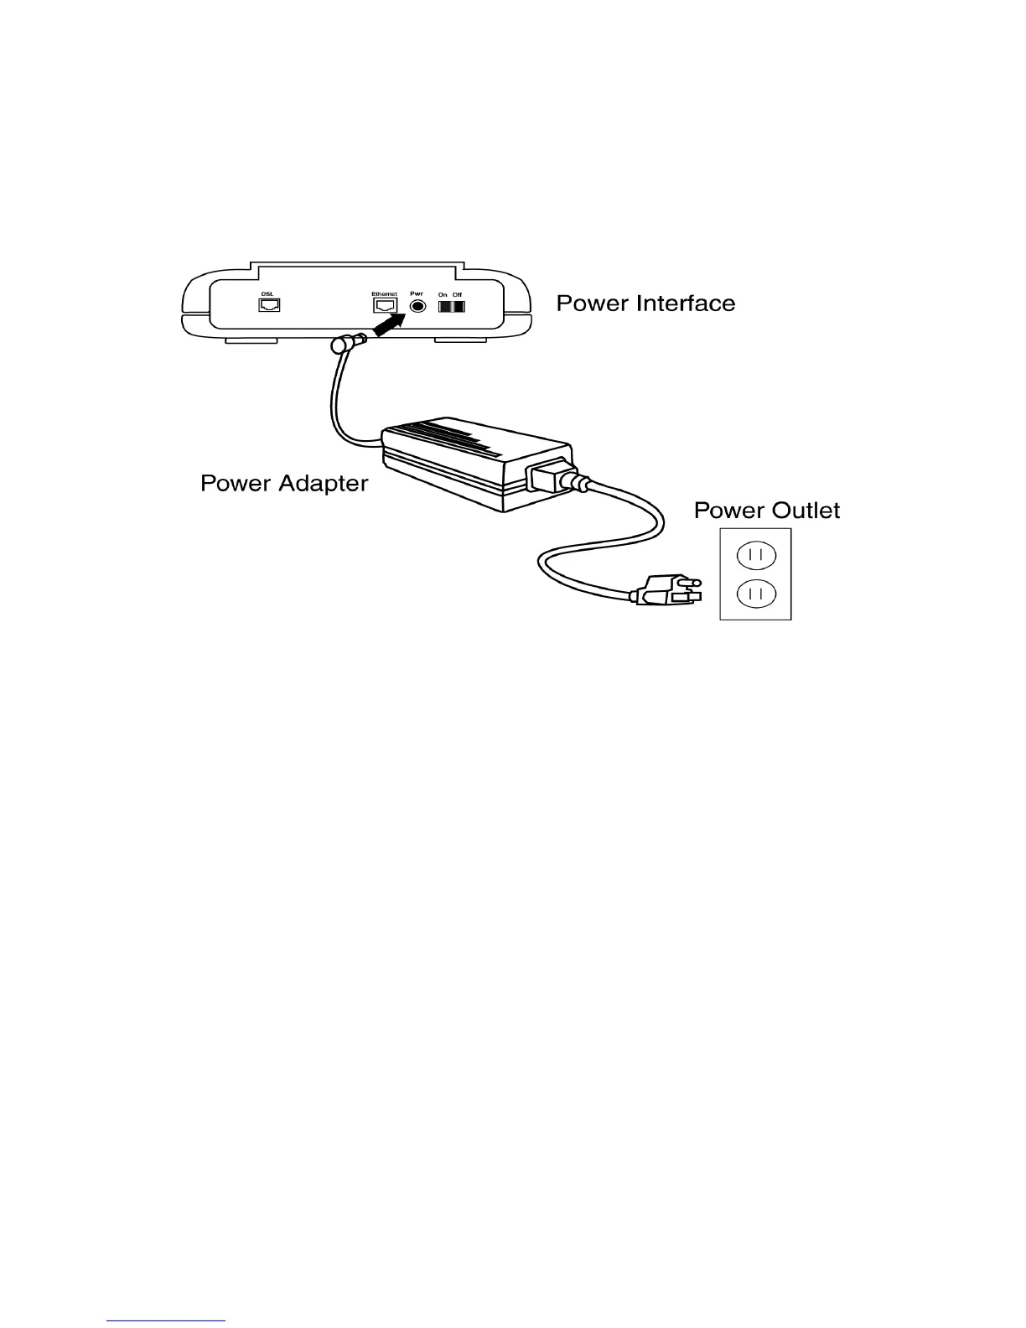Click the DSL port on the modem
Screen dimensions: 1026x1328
(269, 305)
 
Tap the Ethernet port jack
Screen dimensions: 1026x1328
(385, 306)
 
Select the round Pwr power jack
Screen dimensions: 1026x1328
(417, 306)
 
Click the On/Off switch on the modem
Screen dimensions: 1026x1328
(451, 307)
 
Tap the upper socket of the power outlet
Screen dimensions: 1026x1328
(755, 555)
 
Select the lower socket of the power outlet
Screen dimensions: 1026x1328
(755, 594)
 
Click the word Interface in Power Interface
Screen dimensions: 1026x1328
(686, 303)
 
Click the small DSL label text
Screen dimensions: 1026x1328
(267, 293)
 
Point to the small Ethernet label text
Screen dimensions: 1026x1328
(384, 293)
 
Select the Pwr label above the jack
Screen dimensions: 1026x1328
(417, 293)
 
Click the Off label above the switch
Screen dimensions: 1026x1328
(457, 294)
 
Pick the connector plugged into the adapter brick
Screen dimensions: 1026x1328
(549, 477)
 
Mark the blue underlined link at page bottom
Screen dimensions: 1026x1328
(167, 1320)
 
